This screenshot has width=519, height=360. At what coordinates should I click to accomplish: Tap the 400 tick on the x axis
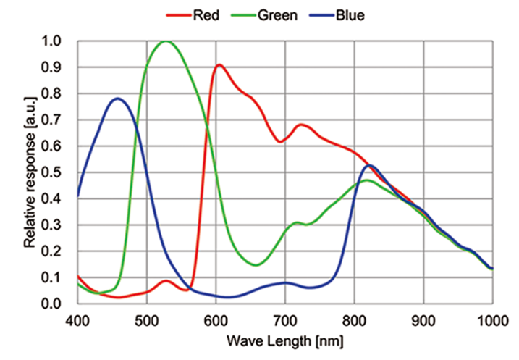point(77,319)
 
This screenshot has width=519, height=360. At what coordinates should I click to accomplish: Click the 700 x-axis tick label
point(285,319)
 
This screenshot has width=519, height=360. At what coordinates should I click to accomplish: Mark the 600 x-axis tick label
point(216,319)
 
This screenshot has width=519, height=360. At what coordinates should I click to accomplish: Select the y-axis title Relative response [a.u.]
point(30,172)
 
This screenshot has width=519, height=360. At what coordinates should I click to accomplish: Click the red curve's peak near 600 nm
point(219,65)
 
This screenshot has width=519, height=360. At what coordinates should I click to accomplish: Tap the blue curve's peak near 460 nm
point(117,99)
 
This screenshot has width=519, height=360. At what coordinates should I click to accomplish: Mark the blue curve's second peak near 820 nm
point(371,165)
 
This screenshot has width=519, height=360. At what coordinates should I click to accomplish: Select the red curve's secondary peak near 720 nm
point(301,125)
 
